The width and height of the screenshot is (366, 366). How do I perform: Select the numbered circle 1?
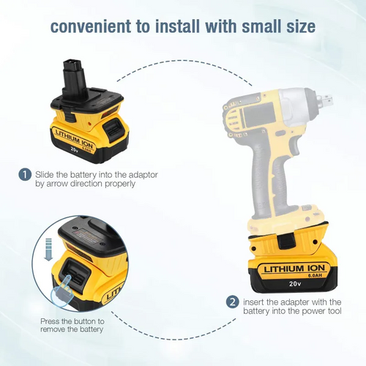[24, 174]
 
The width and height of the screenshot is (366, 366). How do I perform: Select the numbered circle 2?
[231, 302]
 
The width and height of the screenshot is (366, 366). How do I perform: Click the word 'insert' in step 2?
[255, 302]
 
